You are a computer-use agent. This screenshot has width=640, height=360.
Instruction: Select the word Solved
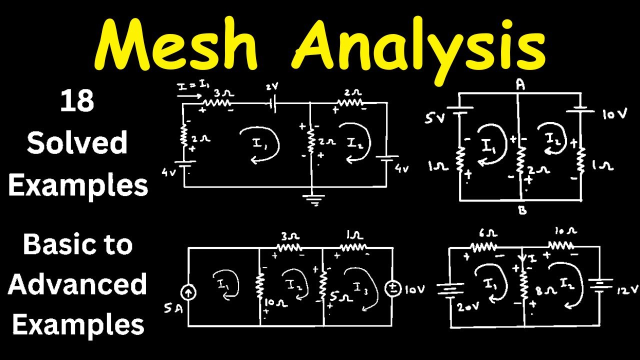point(77,143)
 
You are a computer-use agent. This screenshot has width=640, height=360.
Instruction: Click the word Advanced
point(77,284)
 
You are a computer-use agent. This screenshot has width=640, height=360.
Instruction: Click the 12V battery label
point(619,290)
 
